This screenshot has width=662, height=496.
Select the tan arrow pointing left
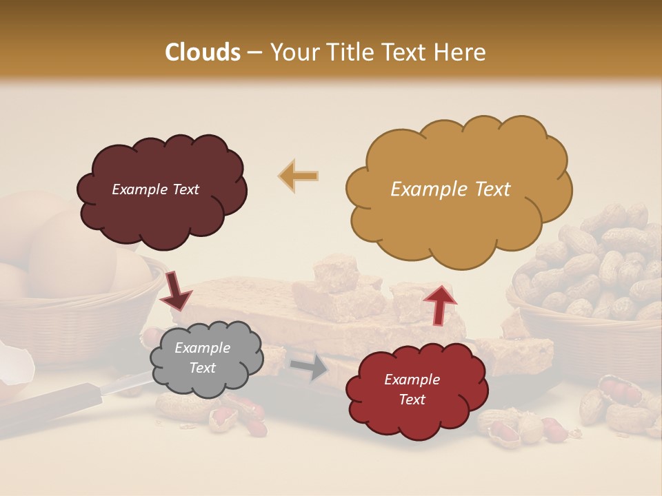point(298,176)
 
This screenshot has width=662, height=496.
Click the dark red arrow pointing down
point(177,291)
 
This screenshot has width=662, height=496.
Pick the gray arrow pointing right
point(310,366)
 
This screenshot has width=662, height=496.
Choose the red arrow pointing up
point(439,304)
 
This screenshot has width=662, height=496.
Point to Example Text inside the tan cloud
point(450,189)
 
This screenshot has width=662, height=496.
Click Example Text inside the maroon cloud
point(155,189)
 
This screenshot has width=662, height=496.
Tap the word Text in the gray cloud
point(202,369)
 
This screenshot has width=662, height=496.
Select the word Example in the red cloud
point(412,380)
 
